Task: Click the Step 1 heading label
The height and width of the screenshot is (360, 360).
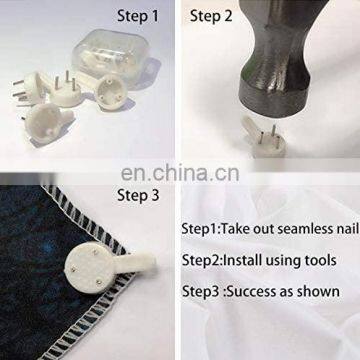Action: click(x=138, y=16)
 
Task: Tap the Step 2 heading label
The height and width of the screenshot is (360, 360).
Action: click(x=211, y=16)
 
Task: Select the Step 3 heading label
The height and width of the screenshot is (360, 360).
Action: click(x=138, y=196)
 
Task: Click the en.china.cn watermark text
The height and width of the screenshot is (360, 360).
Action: click(x=180, y=173)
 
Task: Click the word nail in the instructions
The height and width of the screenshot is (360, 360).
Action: click(x=347, y=229)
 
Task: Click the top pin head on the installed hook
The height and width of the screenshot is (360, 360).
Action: click(x=96, y=253)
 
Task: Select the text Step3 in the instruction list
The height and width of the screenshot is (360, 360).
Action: click(x=200, y=291)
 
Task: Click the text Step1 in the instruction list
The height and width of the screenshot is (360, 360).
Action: click(x=199, y=229)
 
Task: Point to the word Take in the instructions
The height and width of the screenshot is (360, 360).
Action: click(x=236, y=229)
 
